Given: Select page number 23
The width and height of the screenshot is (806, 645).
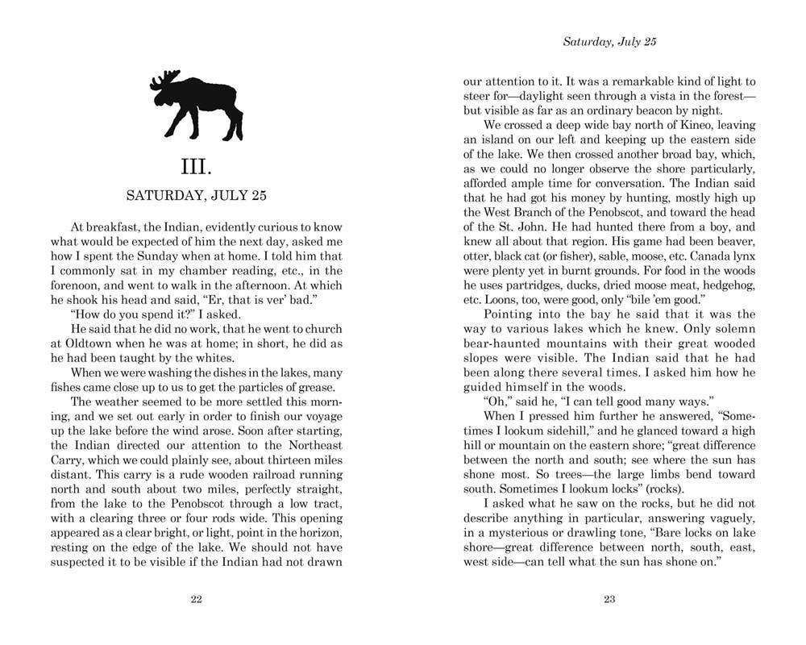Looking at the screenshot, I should (609, 599).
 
